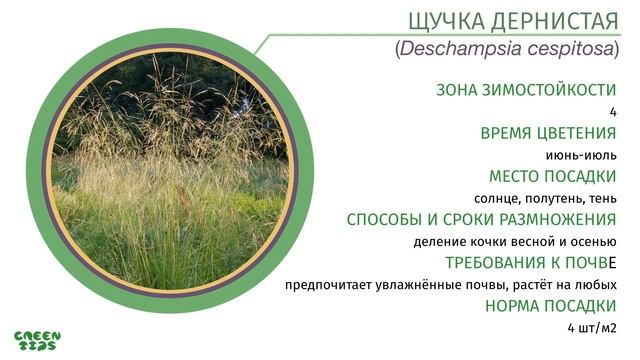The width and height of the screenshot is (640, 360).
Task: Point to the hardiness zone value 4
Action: (612, 112)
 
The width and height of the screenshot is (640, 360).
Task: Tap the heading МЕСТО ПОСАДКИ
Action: (552, 176)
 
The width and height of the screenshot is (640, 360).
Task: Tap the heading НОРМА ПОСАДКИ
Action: (550, 306)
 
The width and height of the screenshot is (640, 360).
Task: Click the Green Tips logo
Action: (37, 341)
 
